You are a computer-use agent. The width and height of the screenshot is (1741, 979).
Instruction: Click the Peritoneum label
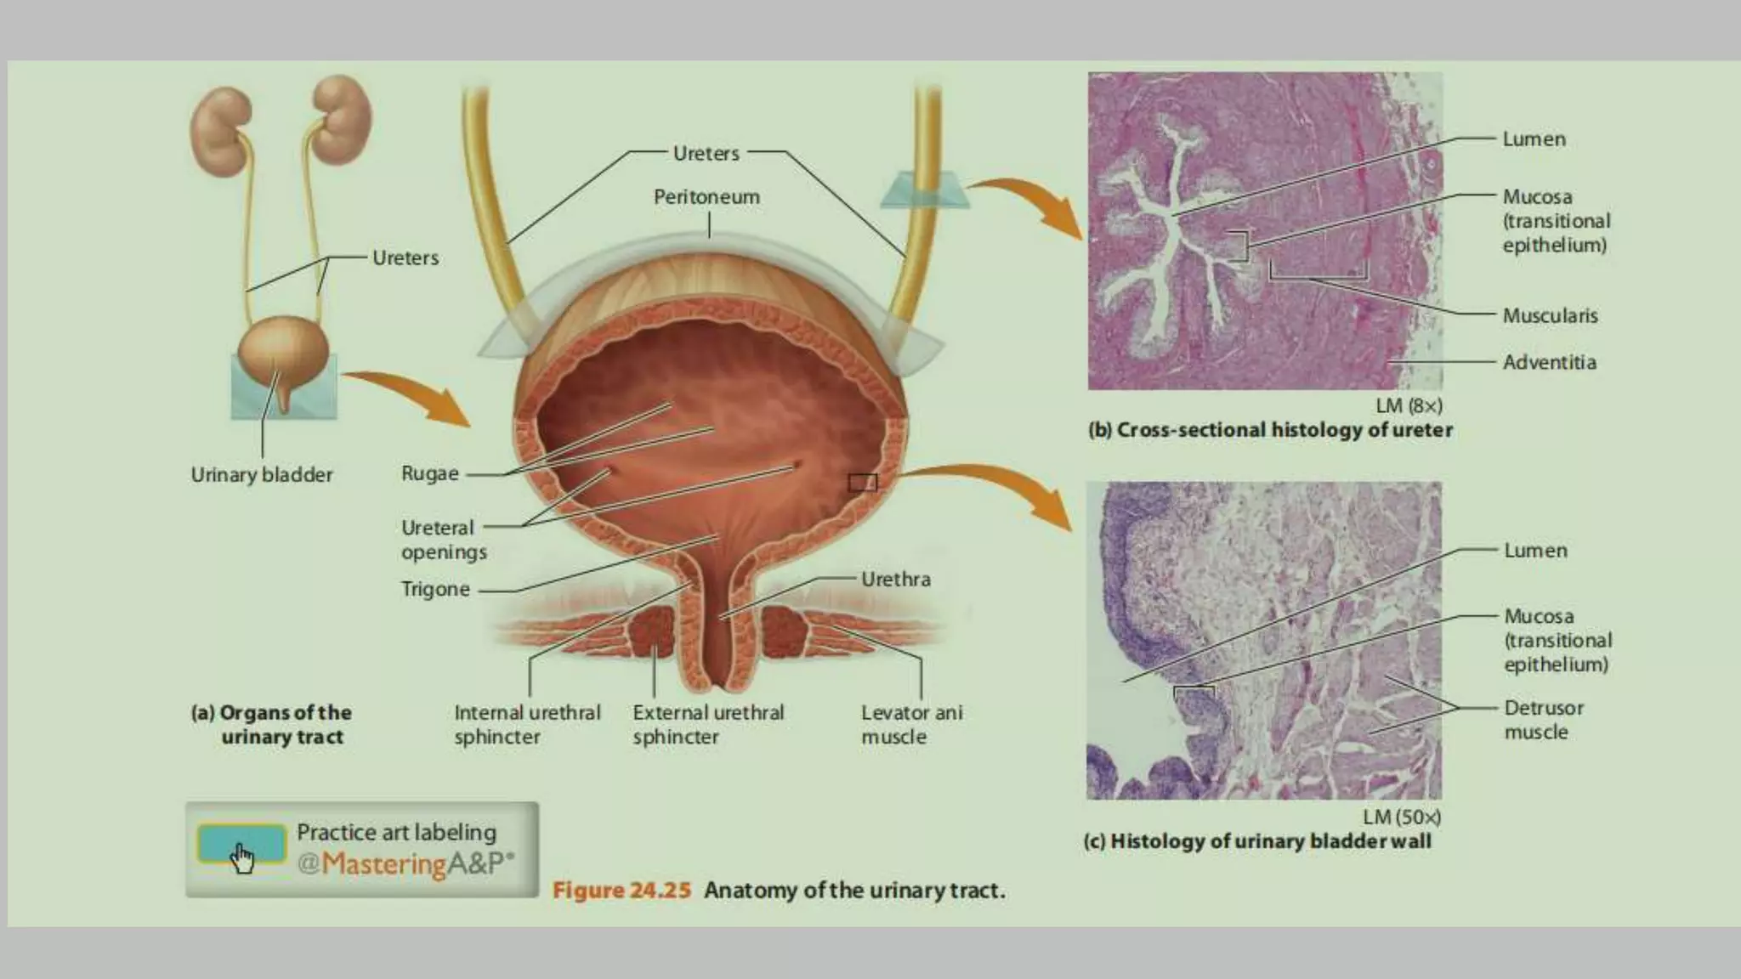pos(706,197)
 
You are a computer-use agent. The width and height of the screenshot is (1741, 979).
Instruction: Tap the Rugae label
pos(429,473)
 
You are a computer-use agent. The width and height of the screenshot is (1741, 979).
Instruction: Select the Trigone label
pos(435,589)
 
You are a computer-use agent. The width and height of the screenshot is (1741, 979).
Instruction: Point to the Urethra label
pos(895,580)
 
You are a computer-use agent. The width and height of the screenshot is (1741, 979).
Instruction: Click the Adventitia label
pos(1549,362)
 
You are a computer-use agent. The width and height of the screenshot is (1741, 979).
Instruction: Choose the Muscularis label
pos(1550,315)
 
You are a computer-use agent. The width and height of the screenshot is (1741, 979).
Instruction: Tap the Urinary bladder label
pos(262,474)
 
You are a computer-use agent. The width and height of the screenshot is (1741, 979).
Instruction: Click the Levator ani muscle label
pos(911,724)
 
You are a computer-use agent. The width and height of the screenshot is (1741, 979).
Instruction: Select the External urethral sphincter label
pos(708,724)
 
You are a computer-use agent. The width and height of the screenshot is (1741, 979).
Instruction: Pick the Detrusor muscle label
pos(1543,719)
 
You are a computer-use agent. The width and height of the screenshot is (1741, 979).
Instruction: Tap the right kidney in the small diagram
pos(342,119)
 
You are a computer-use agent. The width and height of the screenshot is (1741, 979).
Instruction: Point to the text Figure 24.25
pos(621,891)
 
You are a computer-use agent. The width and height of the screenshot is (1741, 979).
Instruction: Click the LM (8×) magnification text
pos(1409,405)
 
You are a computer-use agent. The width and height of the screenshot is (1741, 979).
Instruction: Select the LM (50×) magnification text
pos(1402,817)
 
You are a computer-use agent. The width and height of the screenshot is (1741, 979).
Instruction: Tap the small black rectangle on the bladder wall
pos(862,483)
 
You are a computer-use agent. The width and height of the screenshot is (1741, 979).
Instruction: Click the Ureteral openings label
pos(444,540)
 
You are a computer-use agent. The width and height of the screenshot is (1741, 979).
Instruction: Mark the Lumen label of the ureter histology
pos(1534,139)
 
